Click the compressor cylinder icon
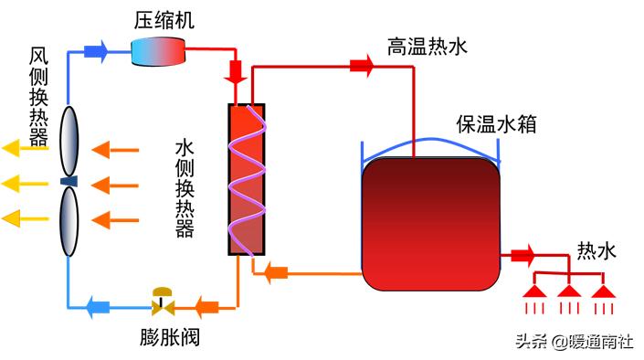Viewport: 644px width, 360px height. pyautogui.click(x=157, y=50)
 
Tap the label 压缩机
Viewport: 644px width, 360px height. pyautogui.click(x=164, y=19)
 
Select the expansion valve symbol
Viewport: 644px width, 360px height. pyautogui.click(x=164, y=300)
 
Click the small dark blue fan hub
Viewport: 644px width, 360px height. pyautogui.click(x=69, y=181)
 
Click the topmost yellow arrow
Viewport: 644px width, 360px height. pyautogui.click(x=23, y=147)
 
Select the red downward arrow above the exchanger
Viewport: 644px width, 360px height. pyautogui.click(x=236, y=73)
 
